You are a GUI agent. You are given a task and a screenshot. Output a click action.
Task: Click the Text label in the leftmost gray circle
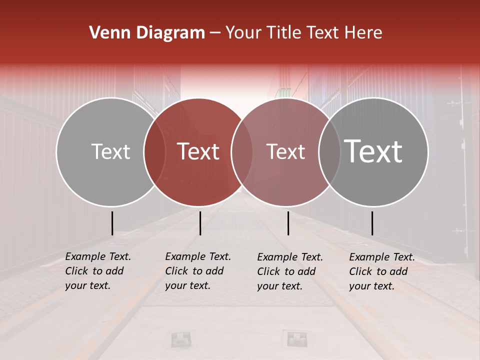click(x=110, y=151)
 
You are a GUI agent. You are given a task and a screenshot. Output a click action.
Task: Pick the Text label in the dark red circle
click(x=198, y=151)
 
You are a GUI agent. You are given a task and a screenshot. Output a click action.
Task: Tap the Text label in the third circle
click(x=285, y=151)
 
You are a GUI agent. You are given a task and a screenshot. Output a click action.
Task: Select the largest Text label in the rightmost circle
click(x=373, y=151)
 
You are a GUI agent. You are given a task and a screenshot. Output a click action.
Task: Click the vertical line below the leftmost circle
click(x=112, y=223)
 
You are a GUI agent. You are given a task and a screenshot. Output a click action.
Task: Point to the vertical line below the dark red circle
click(x=200, y=223)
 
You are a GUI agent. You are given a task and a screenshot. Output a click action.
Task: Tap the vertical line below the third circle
click(x=288, y=223)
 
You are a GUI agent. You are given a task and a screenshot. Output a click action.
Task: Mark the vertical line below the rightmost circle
click(x=372, y=223)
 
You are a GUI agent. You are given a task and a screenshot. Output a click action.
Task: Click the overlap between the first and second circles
click(x=155, y=152)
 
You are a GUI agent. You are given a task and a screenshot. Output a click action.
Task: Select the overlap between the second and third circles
click(x=242, y=152)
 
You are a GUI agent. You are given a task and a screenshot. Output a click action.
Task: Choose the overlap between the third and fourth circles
click(x=329, y=152)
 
